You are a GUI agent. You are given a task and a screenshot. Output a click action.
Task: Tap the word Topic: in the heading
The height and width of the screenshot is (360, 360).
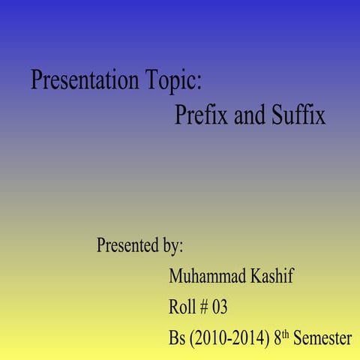click(175, 79)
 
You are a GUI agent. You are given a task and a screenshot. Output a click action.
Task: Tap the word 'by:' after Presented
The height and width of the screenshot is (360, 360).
click(172, 246)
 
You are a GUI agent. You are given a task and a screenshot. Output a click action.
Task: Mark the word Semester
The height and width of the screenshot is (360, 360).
click(322, 338)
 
